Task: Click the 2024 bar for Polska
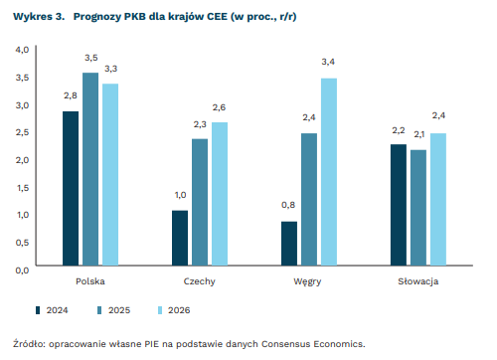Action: click(x=71, y=188)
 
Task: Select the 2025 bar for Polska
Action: click(x=90, y=169)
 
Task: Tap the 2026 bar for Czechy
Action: click(x=220, y=194)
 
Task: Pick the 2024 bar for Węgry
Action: click(x=289, y=244)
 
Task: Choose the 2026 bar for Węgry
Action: click(x=329, y=172)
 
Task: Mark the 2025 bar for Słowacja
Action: click(x=418, y=208)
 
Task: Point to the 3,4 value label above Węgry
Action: click(x=329, y=63)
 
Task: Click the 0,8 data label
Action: click(x=288, y=205)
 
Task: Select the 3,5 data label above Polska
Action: click(x=90, y=58)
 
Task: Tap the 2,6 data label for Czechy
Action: click(x=220, y=106)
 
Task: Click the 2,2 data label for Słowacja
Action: click(x=399, y=129)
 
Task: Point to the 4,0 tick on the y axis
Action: click(x=21, y=49)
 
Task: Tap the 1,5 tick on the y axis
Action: click(x=21, y=186)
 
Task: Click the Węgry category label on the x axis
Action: click(x=309, y=282)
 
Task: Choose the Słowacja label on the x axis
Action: click(x=418, y=282)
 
